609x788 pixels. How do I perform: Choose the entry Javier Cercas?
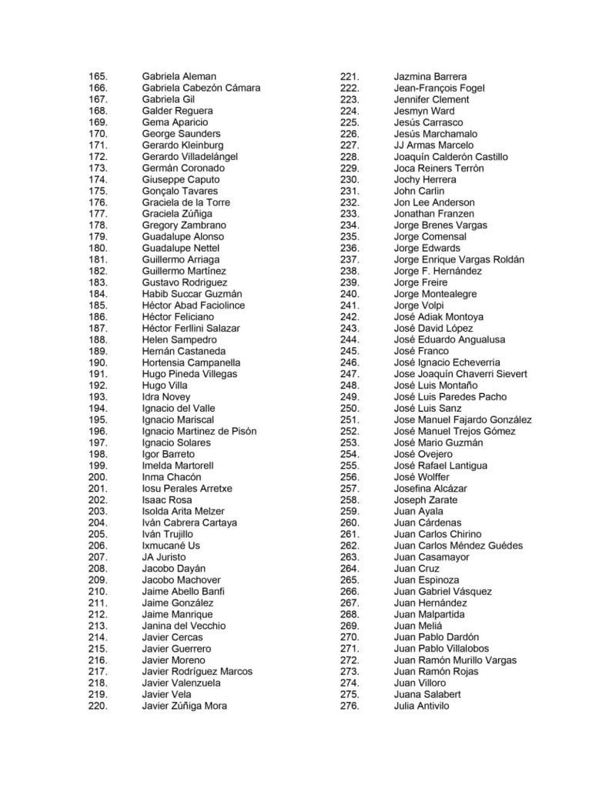pos(173,637)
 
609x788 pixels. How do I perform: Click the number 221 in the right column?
pos(350,76)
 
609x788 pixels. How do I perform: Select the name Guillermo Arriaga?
pos(180,260)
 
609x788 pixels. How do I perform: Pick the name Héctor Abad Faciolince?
pos(193,306)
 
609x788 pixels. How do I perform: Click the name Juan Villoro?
pos(420,683)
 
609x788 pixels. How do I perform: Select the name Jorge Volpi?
pos(419,306)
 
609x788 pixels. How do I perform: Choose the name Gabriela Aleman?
pos(179,76)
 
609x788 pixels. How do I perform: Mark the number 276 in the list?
pos(350,706)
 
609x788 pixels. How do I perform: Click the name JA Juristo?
pos(164,557)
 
